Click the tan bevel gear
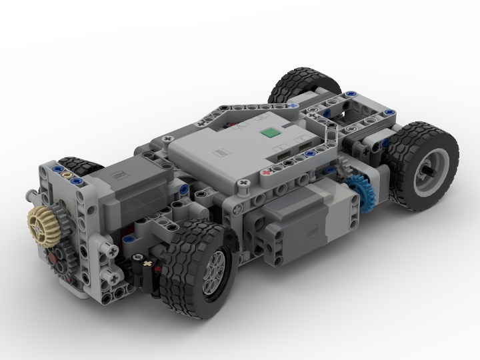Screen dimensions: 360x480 [x=41, y=219]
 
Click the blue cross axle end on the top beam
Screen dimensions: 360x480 [x=294, y=105]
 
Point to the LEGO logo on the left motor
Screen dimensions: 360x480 [x=118, y=177]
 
